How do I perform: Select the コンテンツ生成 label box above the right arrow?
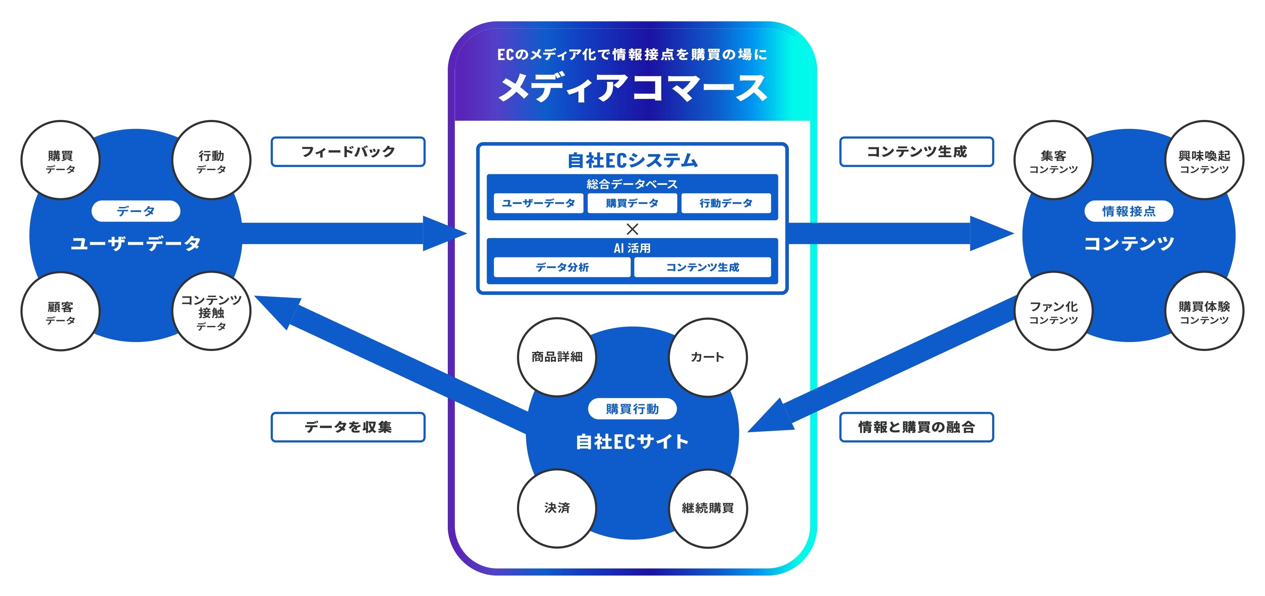tap(916, 152)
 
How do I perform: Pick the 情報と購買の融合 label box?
tap(916, 427)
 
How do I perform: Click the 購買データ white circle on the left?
tap(60, 160)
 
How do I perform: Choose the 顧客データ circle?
tap(60, 311)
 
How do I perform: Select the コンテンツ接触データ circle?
tap(212, 311)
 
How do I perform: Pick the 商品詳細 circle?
tap(557, 357)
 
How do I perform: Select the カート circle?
tap(708, 357)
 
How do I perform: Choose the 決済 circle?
tap(557, 508)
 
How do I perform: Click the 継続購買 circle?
tap(708, 508)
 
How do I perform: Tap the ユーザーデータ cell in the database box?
tap(539, 203)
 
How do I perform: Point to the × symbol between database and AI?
tap(632, 229)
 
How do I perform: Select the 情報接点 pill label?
tap(1129, 211)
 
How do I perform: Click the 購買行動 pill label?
tap(632, 409)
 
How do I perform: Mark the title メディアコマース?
tap(632, 88)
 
